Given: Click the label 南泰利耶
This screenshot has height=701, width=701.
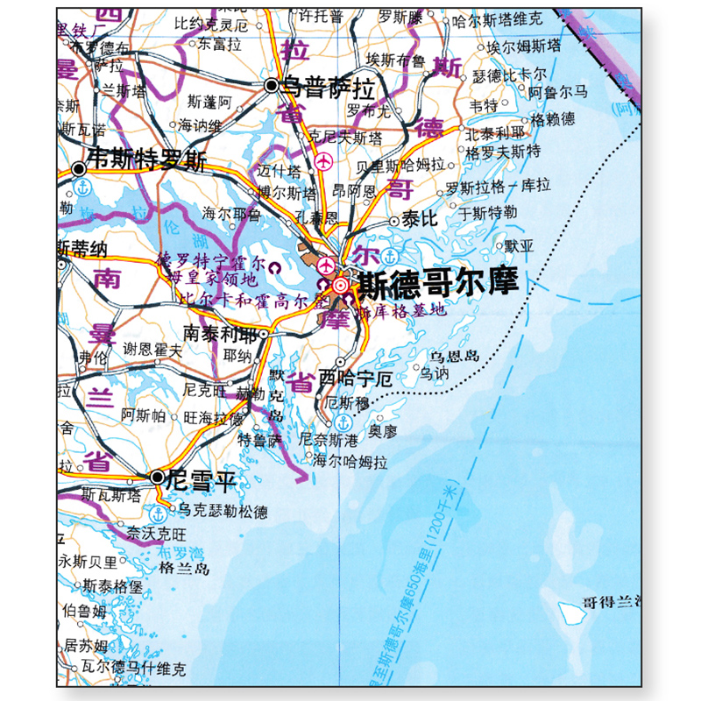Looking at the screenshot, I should pyautogui.click(x=220, y=334).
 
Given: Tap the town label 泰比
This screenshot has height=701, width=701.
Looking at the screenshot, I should pyautogui.click(x=420, y=221).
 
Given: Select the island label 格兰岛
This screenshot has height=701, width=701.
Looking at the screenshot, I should pyautogui.click(x=186, y=570).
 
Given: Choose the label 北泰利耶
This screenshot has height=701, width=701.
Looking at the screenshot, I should pyautogui.click(x=496, y=133).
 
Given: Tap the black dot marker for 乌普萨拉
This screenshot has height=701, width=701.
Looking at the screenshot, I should pyautogui.click(x=272, y=85).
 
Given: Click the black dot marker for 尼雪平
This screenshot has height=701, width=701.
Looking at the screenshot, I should pyautogui.click(x=157, y=478).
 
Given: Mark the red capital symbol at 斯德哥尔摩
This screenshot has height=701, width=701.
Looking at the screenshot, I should pyautogui.click(x=340, y=285).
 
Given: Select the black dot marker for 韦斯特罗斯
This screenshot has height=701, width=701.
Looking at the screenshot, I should pyautogui.click(x=80, y=166).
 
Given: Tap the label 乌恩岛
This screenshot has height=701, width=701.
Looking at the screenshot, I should pyautogui.click(x=455, y=355).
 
